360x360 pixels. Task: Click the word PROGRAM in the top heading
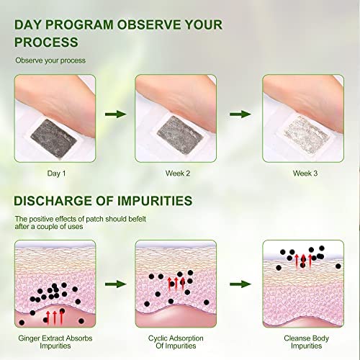point(79,24)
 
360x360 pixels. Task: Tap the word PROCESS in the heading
point(46,42)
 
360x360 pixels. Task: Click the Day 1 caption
point(56,174)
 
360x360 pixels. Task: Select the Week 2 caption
point(178,174)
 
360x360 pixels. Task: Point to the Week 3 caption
point(305,174)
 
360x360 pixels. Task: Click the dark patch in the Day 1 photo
point(53,138)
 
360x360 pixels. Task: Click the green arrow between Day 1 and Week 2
point(116,114)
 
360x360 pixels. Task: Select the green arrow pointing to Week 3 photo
point(240,114)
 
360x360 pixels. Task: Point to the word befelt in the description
point(137,219)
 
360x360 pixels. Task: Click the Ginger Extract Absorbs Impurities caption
point(55,342)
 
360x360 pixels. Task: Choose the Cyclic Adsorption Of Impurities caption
point(176,342)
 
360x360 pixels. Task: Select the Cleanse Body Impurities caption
point(306,342)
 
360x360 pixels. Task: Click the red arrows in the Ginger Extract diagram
point(55,318)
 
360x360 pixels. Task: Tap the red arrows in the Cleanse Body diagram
point(303,261)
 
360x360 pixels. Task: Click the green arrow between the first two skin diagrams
point(116,284)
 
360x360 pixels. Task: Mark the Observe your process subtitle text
point(50,60)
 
